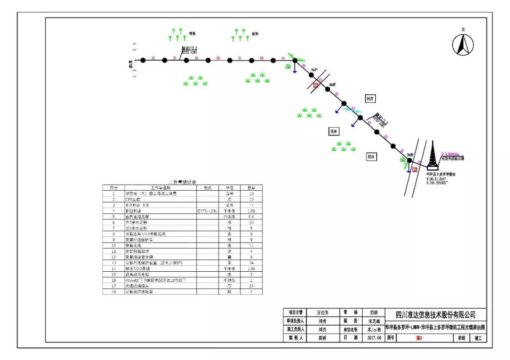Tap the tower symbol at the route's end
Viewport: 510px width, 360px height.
coord(431,156)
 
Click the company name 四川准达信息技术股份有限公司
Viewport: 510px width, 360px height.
coord(435,315)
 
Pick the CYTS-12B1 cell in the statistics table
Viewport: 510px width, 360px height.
coord(207,211)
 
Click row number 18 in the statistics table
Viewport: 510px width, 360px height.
coord(113,292)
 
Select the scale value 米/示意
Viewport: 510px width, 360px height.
coord(374,329)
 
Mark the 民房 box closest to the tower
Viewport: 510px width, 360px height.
coord(372,157)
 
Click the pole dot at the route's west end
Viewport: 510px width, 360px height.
coord(143,60)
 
